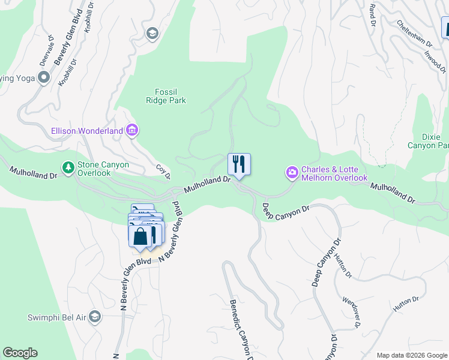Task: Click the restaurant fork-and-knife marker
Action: click(239, 163)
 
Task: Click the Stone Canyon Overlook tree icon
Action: click(68, 167)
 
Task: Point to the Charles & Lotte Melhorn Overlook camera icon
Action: click(292, 173)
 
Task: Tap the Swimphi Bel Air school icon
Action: click(94, 317)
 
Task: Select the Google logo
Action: click(20, 353)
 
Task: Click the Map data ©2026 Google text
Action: click(411, 355)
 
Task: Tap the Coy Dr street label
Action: click(163, 172)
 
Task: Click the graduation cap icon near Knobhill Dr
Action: click(152, 33)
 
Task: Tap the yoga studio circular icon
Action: click(43, 77)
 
